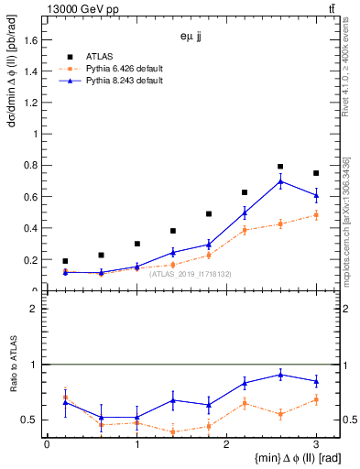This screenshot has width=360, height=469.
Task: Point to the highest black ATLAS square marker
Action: (280, 167)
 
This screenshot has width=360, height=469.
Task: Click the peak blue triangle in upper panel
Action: (280, 180)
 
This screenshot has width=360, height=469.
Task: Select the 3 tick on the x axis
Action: (316, 444)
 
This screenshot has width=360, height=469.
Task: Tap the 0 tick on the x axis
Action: (47, 444)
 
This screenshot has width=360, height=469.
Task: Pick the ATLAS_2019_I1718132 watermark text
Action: (190, 273)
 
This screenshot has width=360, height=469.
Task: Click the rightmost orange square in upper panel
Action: (316, 215)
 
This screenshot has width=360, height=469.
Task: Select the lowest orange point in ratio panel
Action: (172, 431)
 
